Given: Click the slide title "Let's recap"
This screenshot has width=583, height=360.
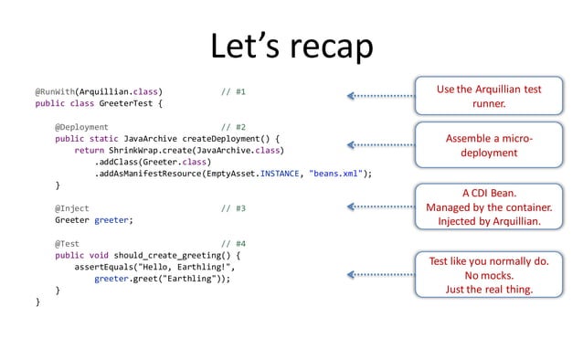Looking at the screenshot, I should (291, 46).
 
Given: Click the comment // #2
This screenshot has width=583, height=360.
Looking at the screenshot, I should (234, 128).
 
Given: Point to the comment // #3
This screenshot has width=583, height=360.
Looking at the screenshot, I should (234, 208).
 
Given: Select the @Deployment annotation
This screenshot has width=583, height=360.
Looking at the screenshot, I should (81, 128).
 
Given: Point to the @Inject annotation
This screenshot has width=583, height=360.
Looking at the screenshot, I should (72, 208).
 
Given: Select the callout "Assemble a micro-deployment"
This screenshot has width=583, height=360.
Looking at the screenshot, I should (489, 145).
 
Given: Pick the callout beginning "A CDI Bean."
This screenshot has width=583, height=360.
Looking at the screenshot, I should (489, 207).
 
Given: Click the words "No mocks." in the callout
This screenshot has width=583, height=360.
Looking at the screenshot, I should (489, 275).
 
